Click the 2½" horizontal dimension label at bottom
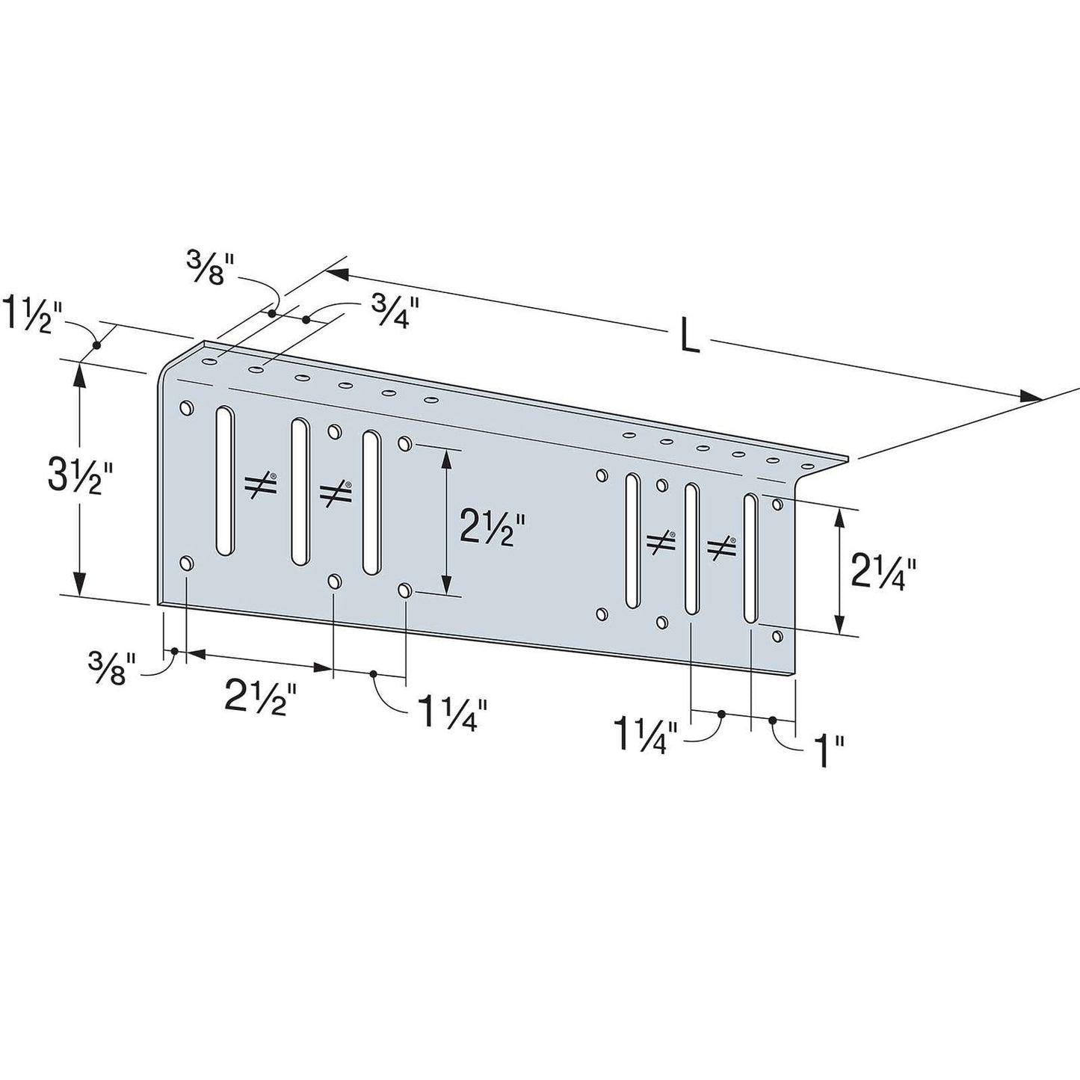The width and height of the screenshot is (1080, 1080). pos(261,699)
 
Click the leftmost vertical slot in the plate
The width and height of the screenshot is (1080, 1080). pos(224,480)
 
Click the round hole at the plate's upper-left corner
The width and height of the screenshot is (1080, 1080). pos(186,408)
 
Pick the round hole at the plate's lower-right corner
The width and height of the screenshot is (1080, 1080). pos(777,636)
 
